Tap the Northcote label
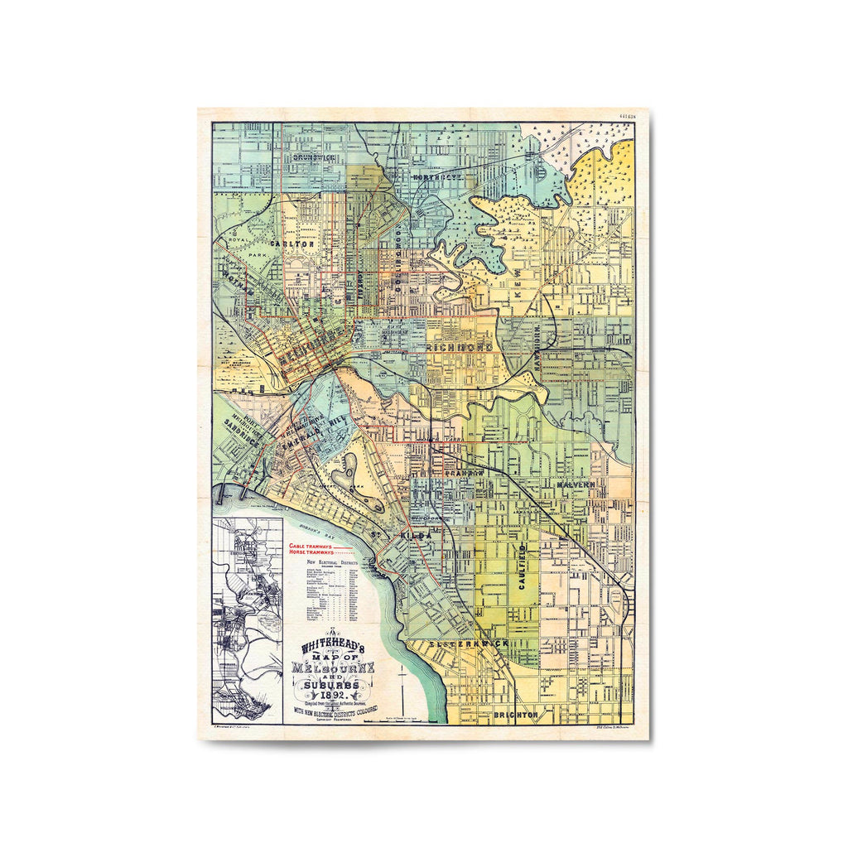coord(450,177)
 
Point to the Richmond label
coord(460,347)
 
